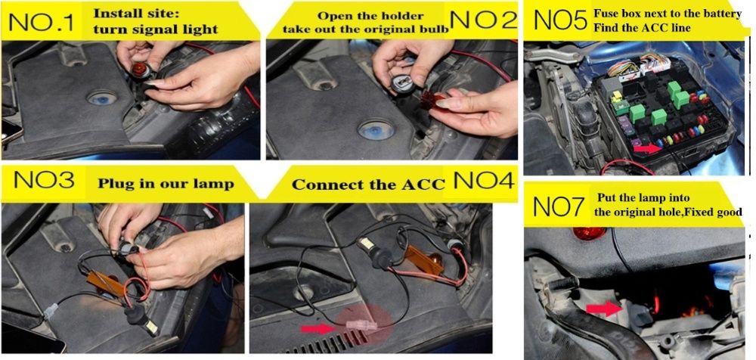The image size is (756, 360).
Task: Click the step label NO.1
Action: pos(42,22)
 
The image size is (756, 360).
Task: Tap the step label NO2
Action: pos(482,20)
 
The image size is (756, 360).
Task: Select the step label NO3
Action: pos(45,181)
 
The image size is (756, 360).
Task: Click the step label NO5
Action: pos(560,20)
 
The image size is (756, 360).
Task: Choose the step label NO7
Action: pos(559,206)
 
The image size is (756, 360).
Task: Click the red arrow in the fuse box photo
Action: pos(648,148)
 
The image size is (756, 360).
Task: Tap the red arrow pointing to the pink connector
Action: pos(318,329)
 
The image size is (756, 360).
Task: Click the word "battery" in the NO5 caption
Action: pos(725,14)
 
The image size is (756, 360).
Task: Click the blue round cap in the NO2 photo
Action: pos(375,130)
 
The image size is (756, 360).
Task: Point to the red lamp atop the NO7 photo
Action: pos(589,234)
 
